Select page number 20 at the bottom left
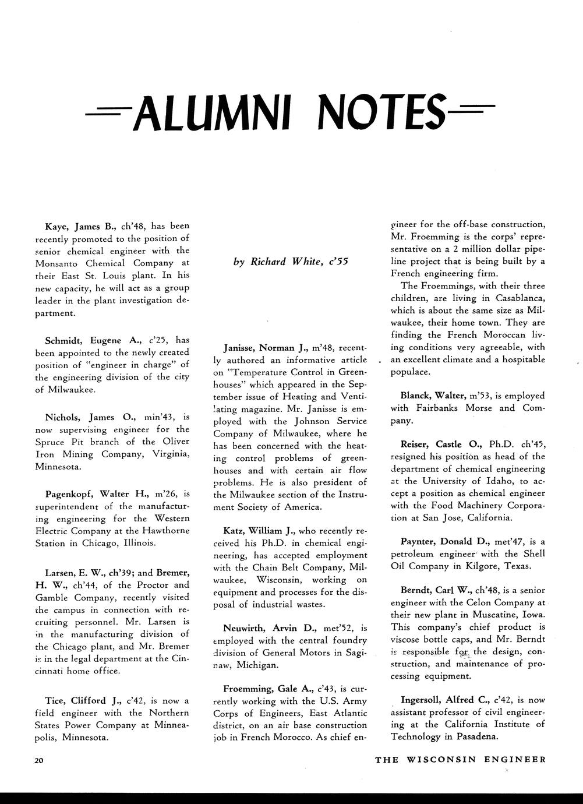coord(38,760)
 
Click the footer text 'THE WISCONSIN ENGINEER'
coord(460,759)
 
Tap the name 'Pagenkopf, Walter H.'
coord(97,494)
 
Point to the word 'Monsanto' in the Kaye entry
coord(59,263)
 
